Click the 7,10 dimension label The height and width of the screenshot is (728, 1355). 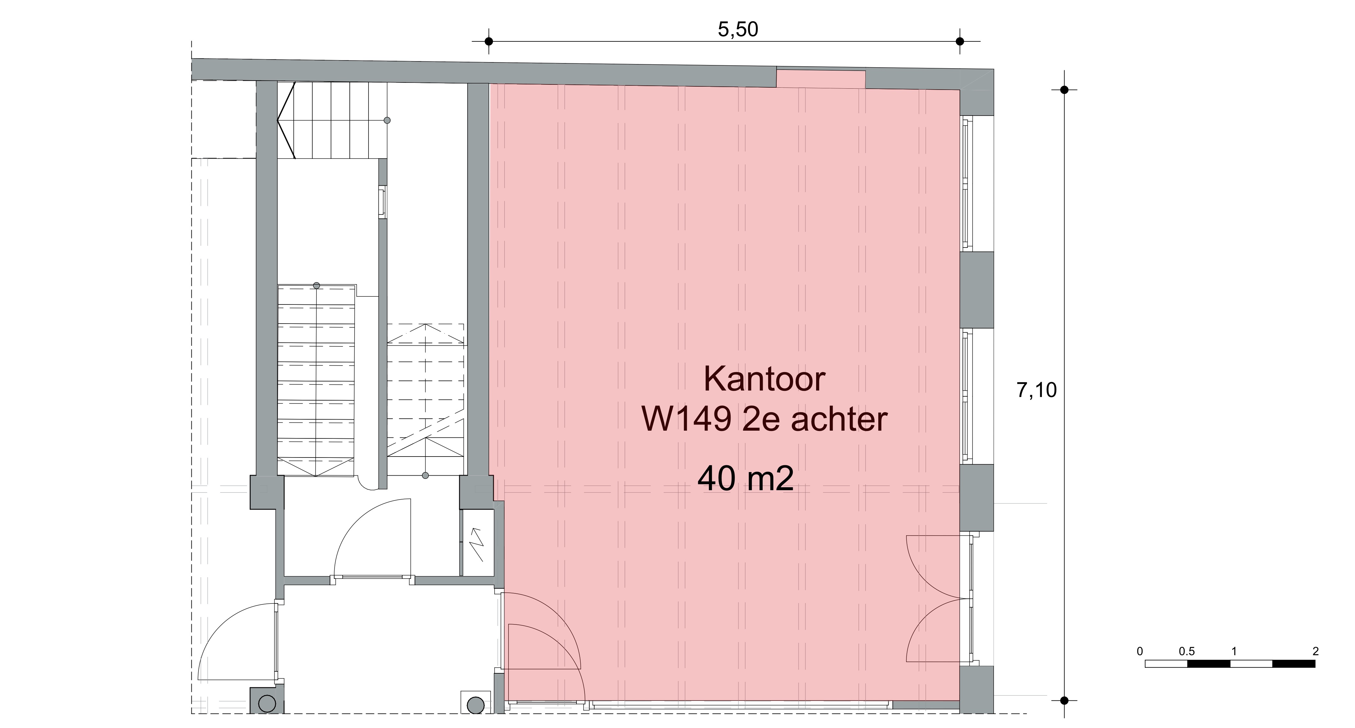pyautogui.click(x=1036, y=391)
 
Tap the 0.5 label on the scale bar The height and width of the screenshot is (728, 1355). pyautogui.click(x=1187, y=651)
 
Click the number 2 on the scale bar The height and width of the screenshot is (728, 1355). pyautogui.click(x=1315, y=651)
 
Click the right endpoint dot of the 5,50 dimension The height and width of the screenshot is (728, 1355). pyautogui.click(x=960, y=41)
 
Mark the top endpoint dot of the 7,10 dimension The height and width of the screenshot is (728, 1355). pyautogui.click(x=1064, y=90)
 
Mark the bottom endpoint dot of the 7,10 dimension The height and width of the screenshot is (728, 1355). pyautogui.click(x=1064, y=700)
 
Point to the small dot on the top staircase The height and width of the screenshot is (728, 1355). pyautogui.click(x=387, y=120)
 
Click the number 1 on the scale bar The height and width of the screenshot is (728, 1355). pyautogui.click(x=1234, y=651)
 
